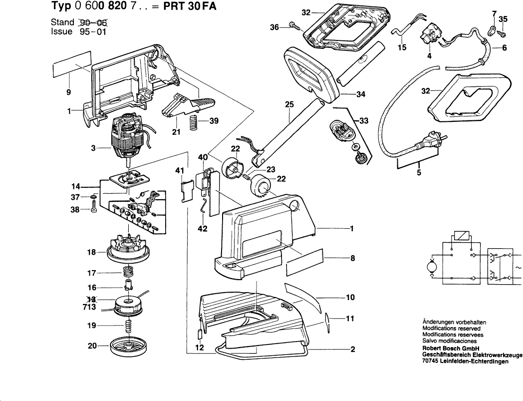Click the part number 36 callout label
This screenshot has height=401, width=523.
pos(274,28)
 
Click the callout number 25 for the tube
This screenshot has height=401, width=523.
pos(289,104)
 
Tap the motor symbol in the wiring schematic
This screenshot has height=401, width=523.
pos(429,268)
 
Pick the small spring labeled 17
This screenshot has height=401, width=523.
pos(129,273)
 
